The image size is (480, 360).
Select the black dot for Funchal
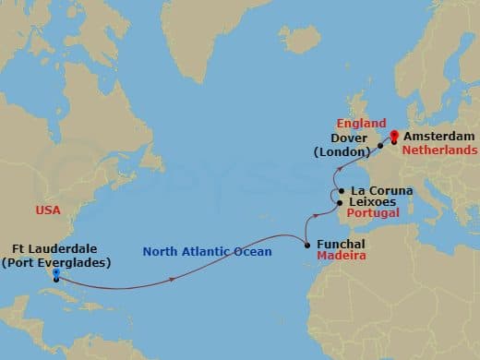click(307, 246)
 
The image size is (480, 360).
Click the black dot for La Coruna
click(343, 191)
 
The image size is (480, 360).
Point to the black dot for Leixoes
click(341, 202)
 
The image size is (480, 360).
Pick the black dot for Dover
click(380, 146)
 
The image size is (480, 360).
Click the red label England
click(362, 122)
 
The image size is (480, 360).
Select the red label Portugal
click(373, 213)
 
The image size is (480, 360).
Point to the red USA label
click(48, 210)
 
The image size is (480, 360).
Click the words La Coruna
click(382, 191)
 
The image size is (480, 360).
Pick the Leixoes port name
click(372, 202)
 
